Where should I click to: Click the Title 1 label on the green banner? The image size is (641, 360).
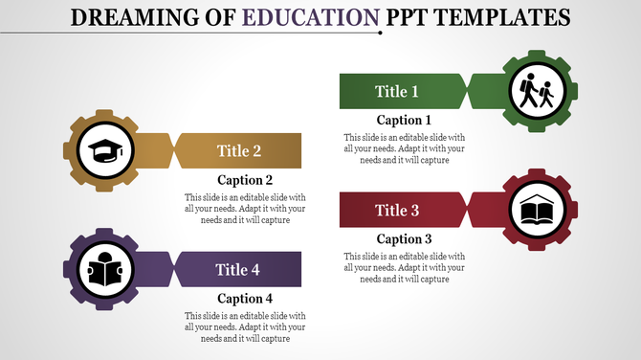pyautogui.click(x=396, y=92)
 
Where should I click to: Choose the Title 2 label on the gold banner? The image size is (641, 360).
pyautogui.click(x=239, y=150)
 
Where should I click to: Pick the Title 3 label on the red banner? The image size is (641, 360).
pyautogui.click(x=397, y=210)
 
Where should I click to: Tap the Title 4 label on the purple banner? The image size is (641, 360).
pyautogui.click(x=238, y=269)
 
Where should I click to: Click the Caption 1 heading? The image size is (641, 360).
pyautogui.click(x=404, y=121)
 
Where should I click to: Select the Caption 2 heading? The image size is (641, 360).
pyautogui.click(x=246, y=180)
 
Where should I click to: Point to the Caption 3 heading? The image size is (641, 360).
pyautogui.click(x=404, y=239)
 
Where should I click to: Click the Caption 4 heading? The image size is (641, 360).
pyautogui.click(x=246, y=299)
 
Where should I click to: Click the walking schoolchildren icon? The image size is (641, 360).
pyautogui.click(x=536, y=92)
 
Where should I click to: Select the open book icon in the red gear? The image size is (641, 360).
pyautogui.click(x=536, y=210)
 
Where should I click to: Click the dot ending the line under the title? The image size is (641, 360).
pyautogui.click(x=381, y=33)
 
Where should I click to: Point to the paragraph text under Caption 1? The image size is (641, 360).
pyautogui.click(x=404, y=148)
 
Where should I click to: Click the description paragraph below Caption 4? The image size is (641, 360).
pyautogui.click(x=246, y=326)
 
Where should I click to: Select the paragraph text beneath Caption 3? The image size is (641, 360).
pyautogui.click(x=404, y=267)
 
